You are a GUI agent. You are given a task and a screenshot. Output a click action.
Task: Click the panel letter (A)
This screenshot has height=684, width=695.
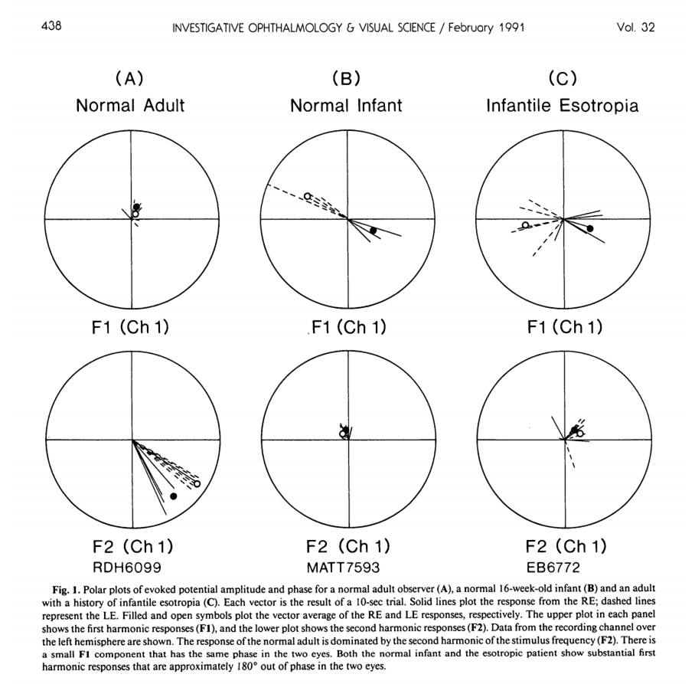(129, 79)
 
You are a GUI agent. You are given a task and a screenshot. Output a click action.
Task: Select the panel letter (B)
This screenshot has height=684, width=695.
(346, 79)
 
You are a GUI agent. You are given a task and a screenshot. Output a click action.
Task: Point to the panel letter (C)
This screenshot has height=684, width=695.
(563, 79)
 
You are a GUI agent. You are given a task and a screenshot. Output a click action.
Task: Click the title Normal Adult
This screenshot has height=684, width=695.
(130, 106)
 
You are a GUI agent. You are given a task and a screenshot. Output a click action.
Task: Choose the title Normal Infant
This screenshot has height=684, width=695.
(346, 106)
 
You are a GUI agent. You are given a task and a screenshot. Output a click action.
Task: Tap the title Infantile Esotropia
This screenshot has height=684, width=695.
(563, 106)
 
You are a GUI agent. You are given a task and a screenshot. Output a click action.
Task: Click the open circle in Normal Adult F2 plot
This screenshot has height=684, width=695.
(197, 484)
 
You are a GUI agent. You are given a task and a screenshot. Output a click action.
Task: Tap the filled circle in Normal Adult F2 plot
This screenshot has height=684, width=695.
(173, 496)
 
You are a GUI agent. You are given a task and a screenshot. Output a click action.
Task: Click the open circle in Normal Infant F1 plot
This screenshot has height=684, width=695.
(307, 197)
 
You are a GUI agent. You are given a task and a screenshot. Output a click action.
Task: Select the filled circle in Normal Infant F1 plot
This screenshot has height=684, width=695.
(373, 231)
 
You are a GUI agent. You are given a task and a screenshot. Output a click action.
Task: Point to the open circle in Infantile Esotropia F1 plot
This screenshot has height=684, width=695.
(526, 225)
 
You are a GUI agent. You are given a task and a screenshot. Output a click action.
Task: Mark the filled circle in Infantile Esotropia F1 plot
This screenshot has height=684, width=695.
(590, 229)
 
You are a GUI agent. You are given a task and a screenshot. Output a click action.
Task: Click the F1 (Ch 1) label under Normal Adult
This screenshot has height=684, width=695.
(129, 328)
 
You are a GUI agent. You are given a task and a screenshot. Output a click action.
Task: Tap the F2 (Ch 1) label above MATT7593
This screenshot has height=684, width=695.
(347, 547)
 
